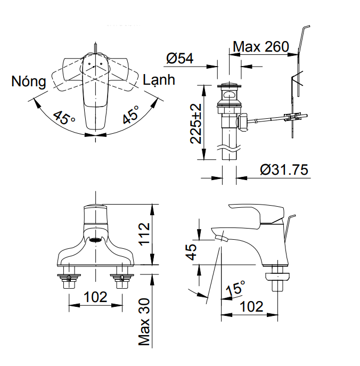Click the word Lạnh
point(159,80)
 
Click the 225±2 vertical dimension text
point(197,123)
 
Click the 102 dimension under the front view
point(95,297)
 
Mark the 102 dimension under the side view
point(251,306)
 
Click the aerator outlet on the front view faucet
point(95,240)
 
